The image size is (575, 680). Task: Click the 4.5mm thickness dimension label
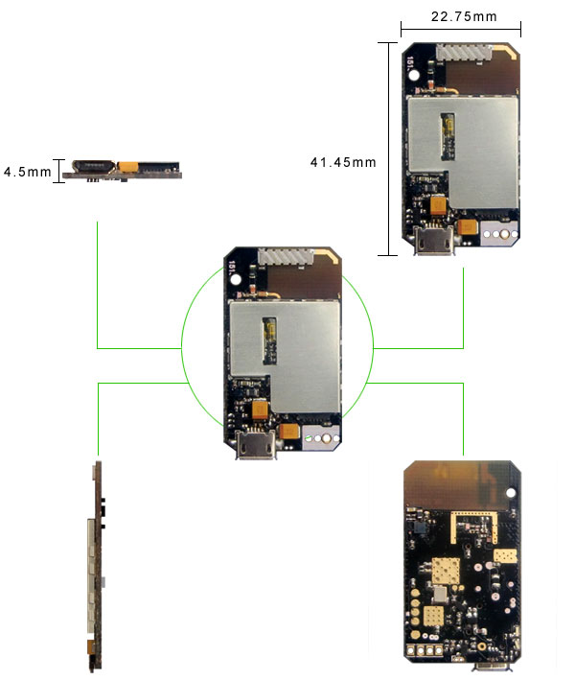(x=27, y=172)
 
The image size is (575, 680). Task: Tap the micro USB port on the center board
(x=258, y=447)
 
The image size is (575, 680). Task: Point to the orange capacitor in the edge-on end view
(x=127, y=168)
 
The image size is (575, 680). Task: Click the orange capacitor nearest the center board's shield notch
(x=260, y=410)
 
